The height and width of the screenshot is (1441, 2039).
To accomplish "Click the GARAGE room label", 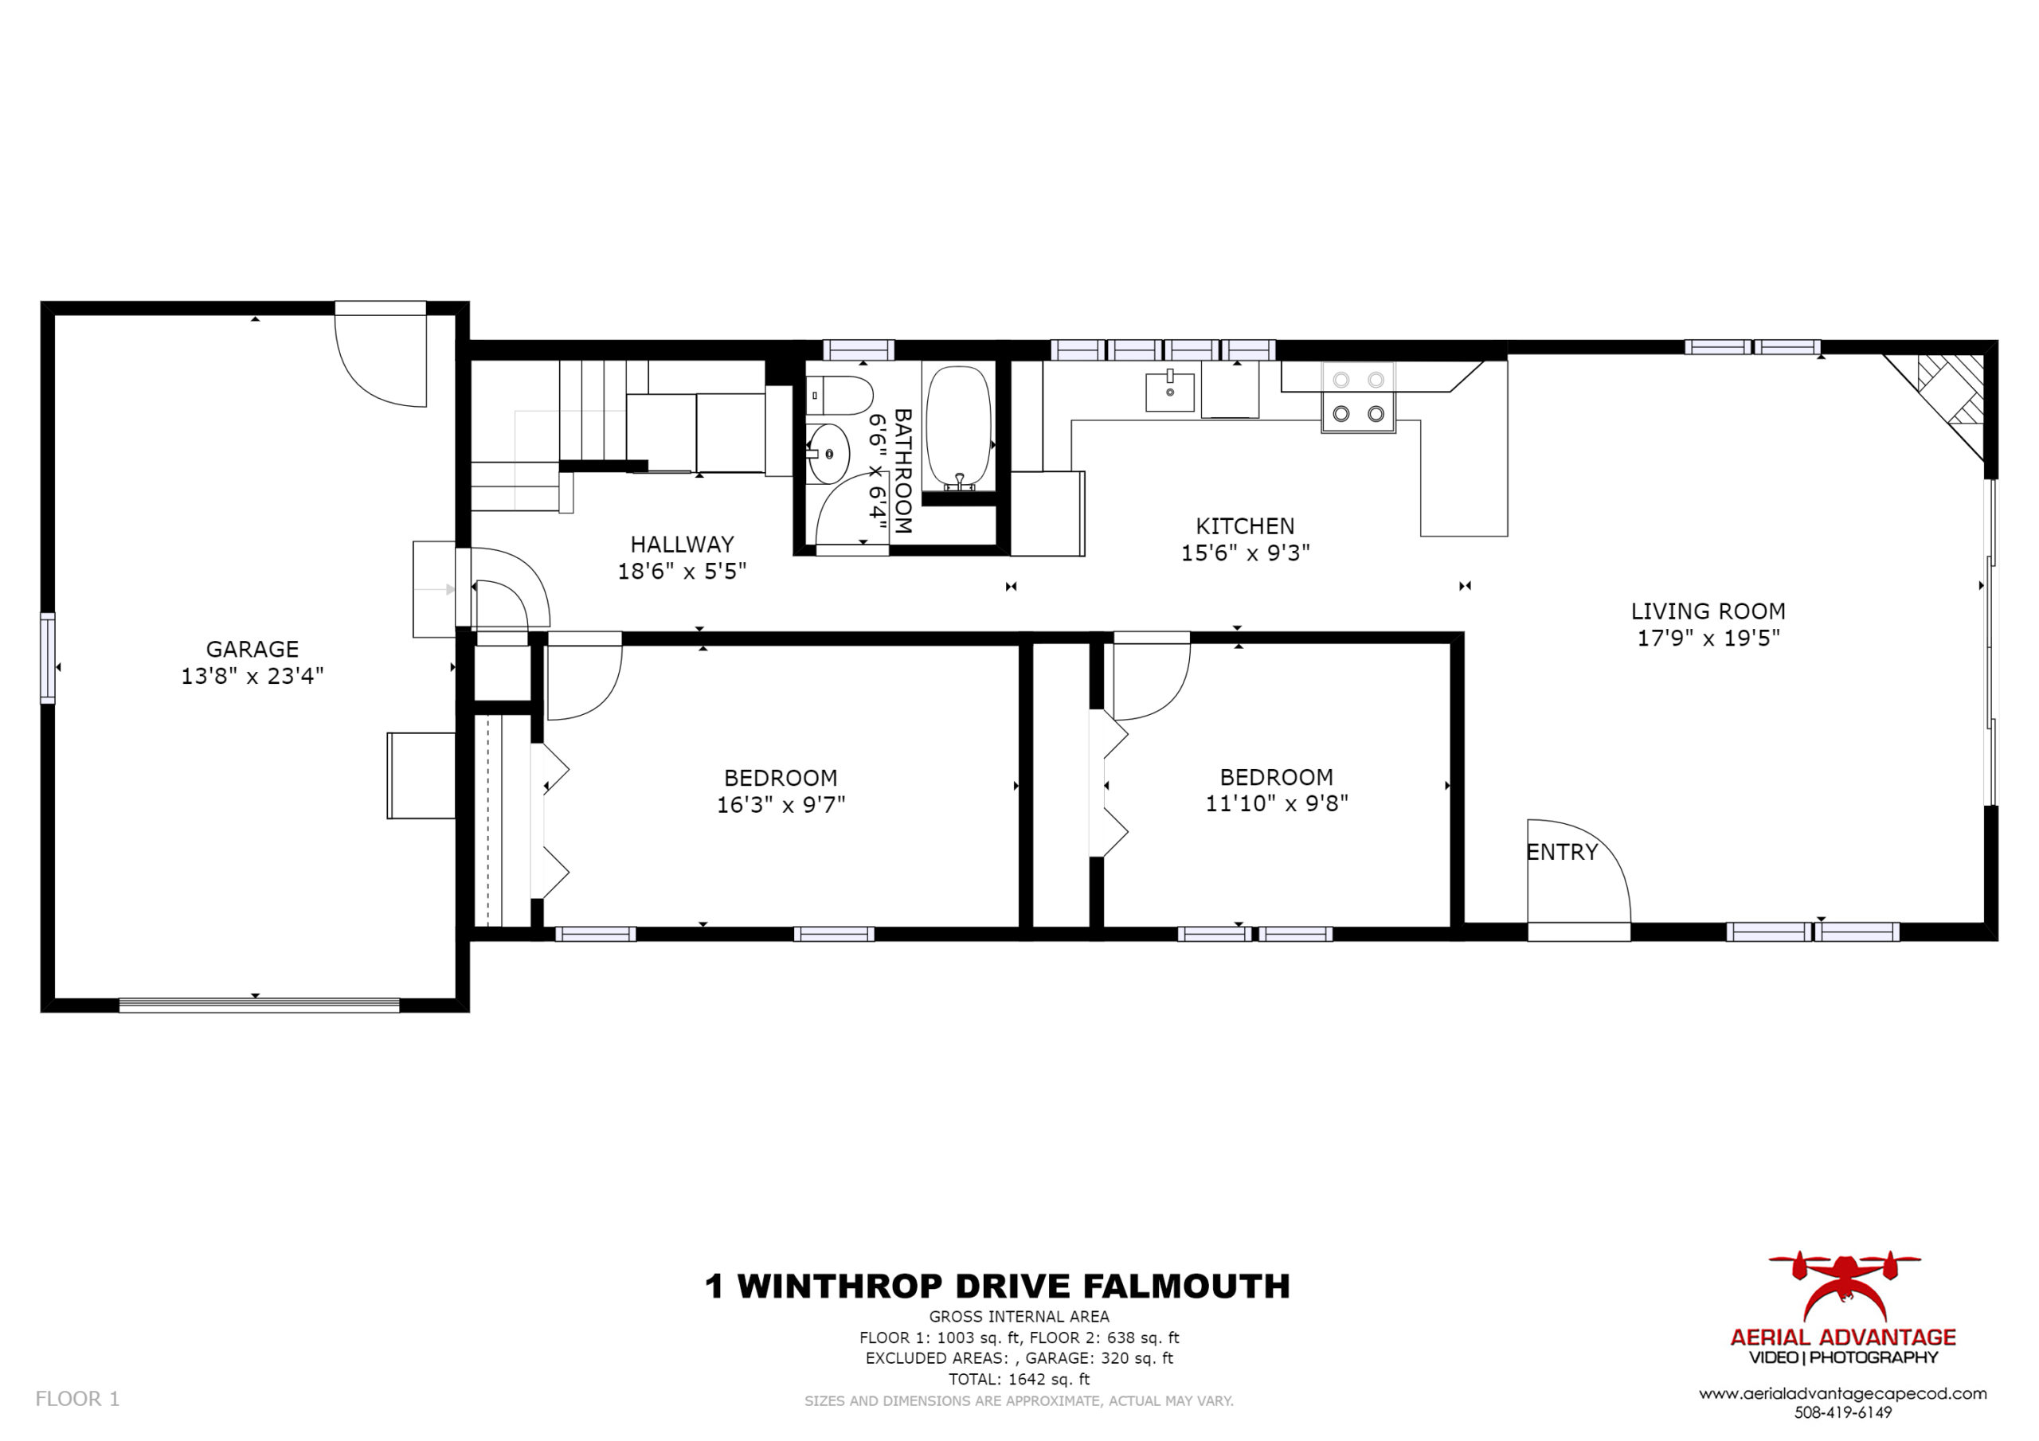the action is pyautogui.click(x=252, y=649).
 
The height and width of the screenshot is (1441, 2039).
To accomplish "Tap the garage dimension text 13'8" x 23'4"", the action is pyautogui.click(x=252, y=677).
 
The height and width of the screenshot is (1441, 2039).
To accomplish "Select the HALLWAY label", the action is pyautogui.click(x=682, y=545).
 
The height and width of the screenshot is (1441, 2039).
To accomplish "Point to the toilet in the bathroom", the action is pyautogui.click(x=840, y=395).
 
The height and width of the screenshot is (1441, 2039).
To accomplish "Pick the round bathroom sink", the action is pyautogui.click(x=828, y=454).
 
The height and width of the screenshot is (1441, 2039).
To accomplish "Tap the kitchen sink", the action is pyautogui.click(x=1169, y=392).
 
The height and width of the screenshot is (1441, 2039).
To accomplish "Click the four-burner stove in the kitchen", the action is pyautogui.click(x=1358, y=397).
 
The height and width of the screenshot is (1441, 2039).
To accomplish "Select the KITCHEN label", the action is pyautogui.click(x=1245, y=525).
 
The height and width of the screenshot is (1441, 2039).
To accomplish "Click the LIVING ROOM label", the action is pyautogui.click(x=1708, y=611).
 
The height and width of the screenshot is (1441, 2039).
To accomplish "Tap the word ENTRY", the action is pyautogui.click(x=1562, y=853).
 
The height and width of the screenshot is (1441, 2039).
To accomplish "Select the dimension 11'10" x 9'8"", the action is pyautogui.click(x=1276, y=803).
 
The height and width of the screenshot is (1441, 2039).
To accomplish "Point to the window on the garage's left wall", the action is pyautogui.click(x=47, y=658).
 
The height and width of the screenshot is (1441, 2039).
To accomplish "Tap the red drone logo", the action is pyautogui.click(x=1845, y=1286).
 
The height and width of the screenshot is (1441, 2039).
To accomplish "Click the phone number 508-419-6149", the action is pyautogui.click(x=1843, y=1412).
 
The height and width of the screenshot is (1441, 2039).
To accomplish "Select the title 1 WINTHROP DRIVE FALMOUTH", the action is pyautogui.click(x=997, y=1287).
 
